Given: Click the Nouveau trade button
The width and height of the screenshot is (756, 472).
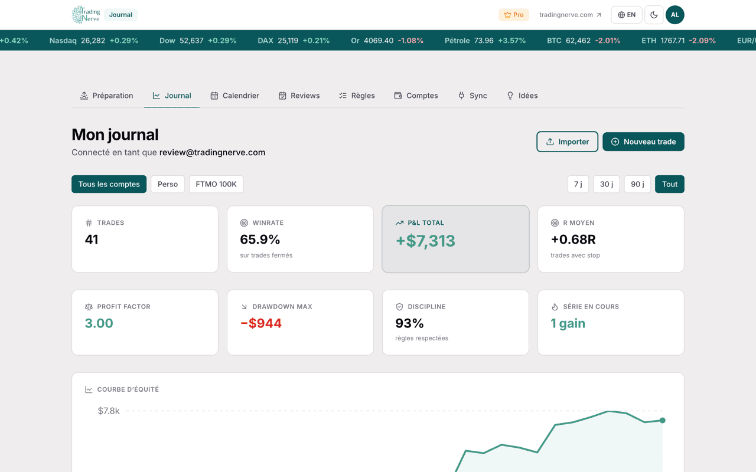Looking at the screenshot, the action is click(x=643, y=142).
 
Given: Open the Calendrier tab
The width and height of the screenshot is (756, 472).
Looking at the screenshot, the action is click(x=235, y=96).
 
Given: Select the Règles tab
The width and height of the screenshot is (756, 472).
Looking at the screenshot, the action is click(x=357, y=96).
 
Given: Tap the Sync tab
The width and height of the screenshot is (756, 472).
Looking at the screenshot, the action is click(x=472, y=96).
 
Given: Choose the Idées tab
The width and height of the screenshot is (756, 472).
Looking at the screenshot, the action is click(x=522, y=96).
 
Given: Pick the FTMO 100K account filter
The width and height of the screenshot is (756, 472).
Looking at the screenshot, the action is click(x=216, y=184).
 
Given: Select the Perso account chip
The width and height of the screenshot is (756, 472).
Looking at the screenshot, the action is click(x=168, y=184).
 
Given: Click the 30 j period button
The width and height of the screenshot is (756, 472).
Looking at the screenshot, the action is click(x=607, y=184).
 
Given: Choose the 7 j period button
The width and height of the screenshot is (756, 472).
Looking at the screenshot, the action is click(x=578, y=184).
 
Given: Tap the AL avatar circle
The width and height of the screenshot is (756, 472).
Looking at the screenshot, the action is click(x=674, y=15).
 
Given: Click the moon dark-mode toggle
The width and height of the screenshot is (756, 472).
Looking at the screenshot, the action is click(x=654, y=15).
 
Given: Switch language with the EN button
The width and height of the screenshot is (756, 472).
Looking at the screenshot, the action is click(x=627, y=15).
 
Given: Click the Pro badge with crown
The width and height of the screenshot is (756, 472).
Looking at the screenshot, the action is click(x=514, y=15).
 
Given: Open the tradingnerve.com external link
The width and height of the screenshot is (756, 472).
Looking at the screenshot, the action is click(x=570, y=15).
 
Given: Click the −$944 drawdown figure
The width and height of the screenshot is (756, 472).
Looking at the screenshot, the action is click(x=261, y=323).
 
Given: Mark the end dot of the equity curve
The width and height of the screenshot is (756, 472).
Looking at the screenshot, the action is click(x=663, y=421).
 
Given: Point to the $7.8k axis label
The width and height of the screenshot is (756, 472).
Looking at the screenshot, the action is click(x=109, y=411).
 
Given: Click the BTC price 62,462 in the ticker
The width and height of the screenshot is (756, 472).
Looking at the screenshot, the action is click(x=578, y=41).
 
